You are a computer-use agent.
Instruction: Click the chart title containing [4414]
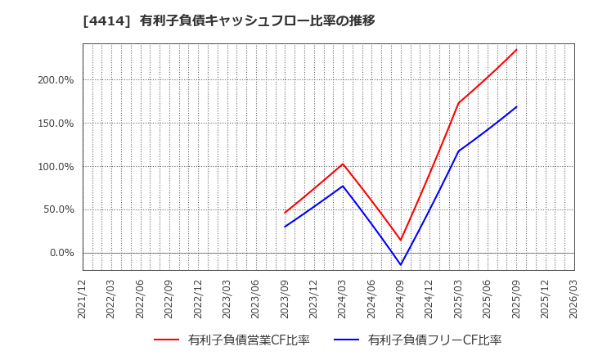(x=228, y=21)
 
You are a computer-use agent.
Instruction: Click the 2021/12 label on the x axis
(x=83, y=299)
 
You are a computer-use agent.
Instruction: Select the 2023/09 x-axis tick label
(x=285, y=299)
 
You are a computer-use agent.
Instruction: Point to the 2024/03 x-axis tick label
(x=343, y=299)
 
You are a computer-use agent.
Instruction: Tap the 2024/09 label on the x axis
(x=401, y=299)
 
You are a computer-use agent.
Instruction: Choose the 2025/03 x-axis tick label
(x=458, y=299)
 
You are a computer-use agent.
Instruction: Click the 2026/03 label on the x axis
(x=573, y=299)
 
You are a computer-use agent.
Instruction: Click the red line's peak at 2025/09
(x=516, y=50)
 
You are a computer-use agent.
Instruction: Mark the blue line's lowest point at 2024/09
(x=401, y=264)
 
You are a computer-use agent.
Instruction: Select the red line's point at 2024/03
(x=343, y=164)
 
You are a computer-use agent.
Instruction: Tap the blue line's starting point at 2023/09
(x=285, y=227)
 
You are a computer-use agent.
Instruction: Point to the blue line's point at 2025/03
(x=458, y=151)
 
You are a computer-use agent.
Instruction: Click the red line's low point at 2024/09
(x=401, y=240)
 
